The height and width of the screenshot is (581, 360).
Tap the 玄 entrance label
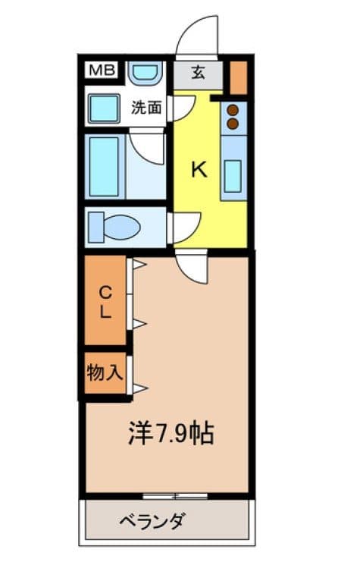198,74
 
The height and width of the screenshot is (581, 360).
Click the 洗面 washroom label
146,108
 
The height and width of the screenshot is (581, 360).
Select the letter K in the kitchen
198,170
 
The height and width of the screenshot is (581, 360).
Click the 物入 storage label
105,372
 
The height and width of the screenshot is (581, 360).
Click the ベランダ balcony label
152,522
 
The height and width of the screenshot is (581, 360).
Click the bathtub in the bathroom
104,167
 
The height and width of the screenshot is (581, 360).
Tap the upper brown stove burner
233,109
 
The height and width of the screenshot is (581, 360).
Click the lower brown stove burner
233,122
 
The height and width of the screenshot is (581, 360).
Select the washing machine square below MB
104,109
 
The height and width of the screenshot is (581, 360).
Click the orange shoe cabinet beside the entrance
238,76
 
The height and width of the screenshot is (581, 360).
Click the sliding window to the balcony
175,496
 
